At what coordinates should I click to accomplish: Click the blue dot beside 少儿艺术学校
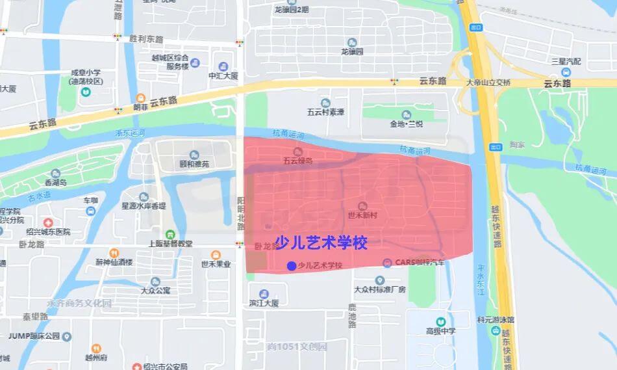pyautogui.click(x=291, y=265)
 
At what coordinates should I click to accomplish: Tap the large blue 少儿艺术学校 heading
pyautogui.click(x=321, y=243)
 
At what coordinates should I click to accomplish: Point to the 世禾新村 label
pyautogui.click(x=363, y=214)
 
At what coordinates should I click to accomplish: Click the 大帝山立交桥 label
pyautogui.click(x=488, y=82)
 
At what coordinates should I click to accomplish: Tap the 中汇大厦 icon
pyautogui.click(x=223, y=66)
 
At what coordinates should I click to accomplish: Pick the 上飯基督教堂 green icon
pyautogui.click(x=170, y=234)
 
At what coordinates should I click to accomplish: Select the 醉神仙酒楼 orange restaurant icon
pyautogui.click(x=114, y=252)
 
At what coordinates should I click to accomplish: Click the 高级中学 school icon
pyautogui.click(x=441, y=322)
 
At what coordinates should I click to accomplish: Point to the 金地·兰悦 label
pyautogui.click(x=407, y=124)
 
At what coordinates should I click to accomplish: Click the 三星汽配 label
pyautogui.click(x=566, y=61)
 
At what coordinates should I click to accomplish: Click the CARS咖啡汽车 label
pyautogui.click(x=418, y=263)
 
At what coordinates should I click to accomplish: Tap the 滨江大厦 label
pyautogui.click(x=263, y=303)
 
